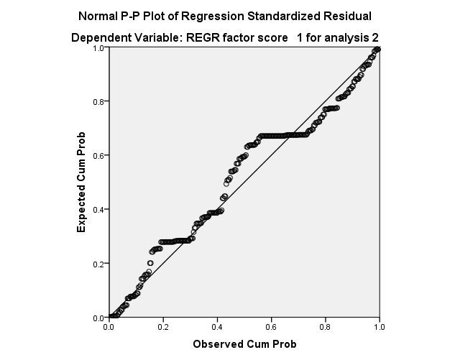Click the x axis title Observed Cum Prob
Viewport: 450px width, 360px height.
coord(244,344)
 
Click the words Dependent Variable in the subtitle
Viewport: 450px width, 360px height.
coord(122,36)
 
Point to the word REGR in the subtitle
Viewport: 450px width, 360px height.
coord(197,36)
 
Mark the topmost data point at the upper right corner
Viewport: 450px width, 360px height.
coord(377,49)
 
